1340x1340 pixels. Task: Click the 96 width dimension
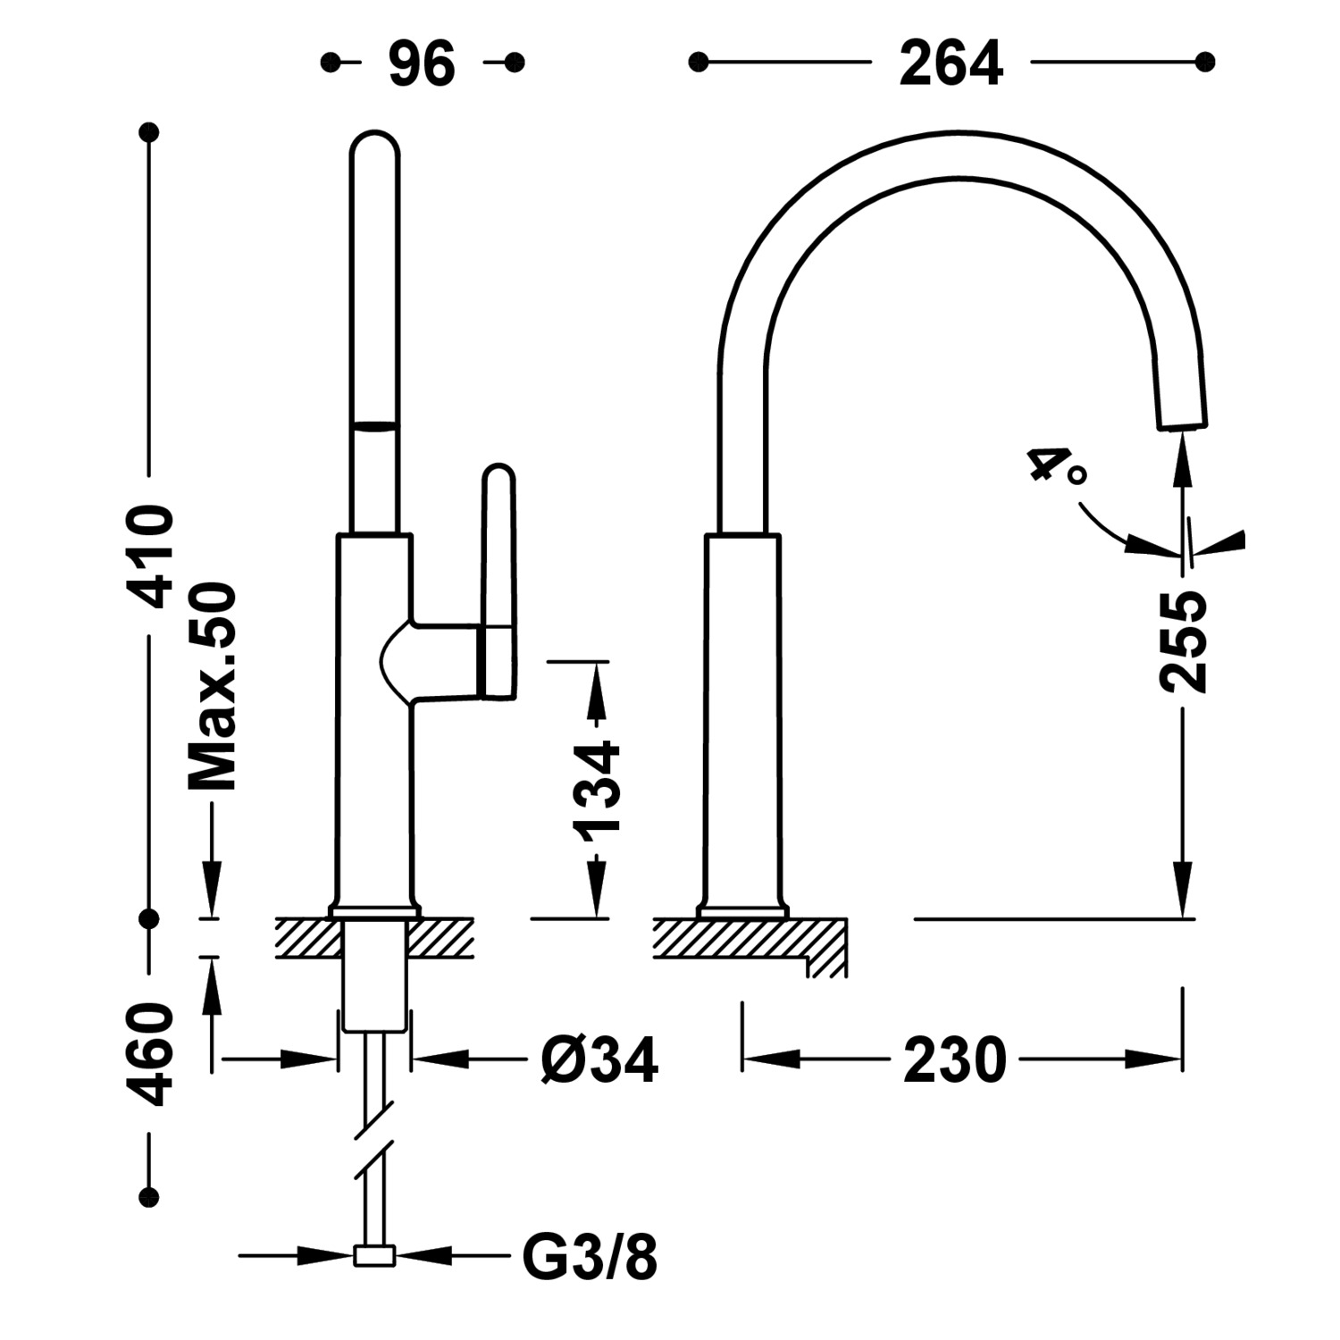coord(422,63)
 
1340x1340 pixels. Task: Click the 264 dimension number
coord(951,63)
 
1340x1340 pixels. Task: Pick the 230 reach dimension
coord(954,1060)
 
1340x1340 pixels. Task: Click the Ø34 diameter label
coord(599,1060)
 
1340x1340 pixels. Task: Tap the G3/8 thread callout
coord(590,1256)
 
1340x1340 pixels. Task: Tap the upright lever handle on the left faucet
coord(498,572)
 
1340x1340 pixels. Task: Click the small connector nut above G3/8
coord(375,1256)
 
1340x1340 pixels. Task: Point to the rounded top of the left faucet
coord(373,147)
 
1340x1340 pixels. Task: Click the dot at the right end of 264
coord(1205,62)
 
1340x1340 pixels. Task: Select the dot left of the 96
coord(331,62)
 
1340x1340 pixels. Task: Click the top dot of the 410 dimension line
coord(149,132)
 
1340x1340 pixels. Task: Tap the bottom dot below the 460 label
coord(149,1196)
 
